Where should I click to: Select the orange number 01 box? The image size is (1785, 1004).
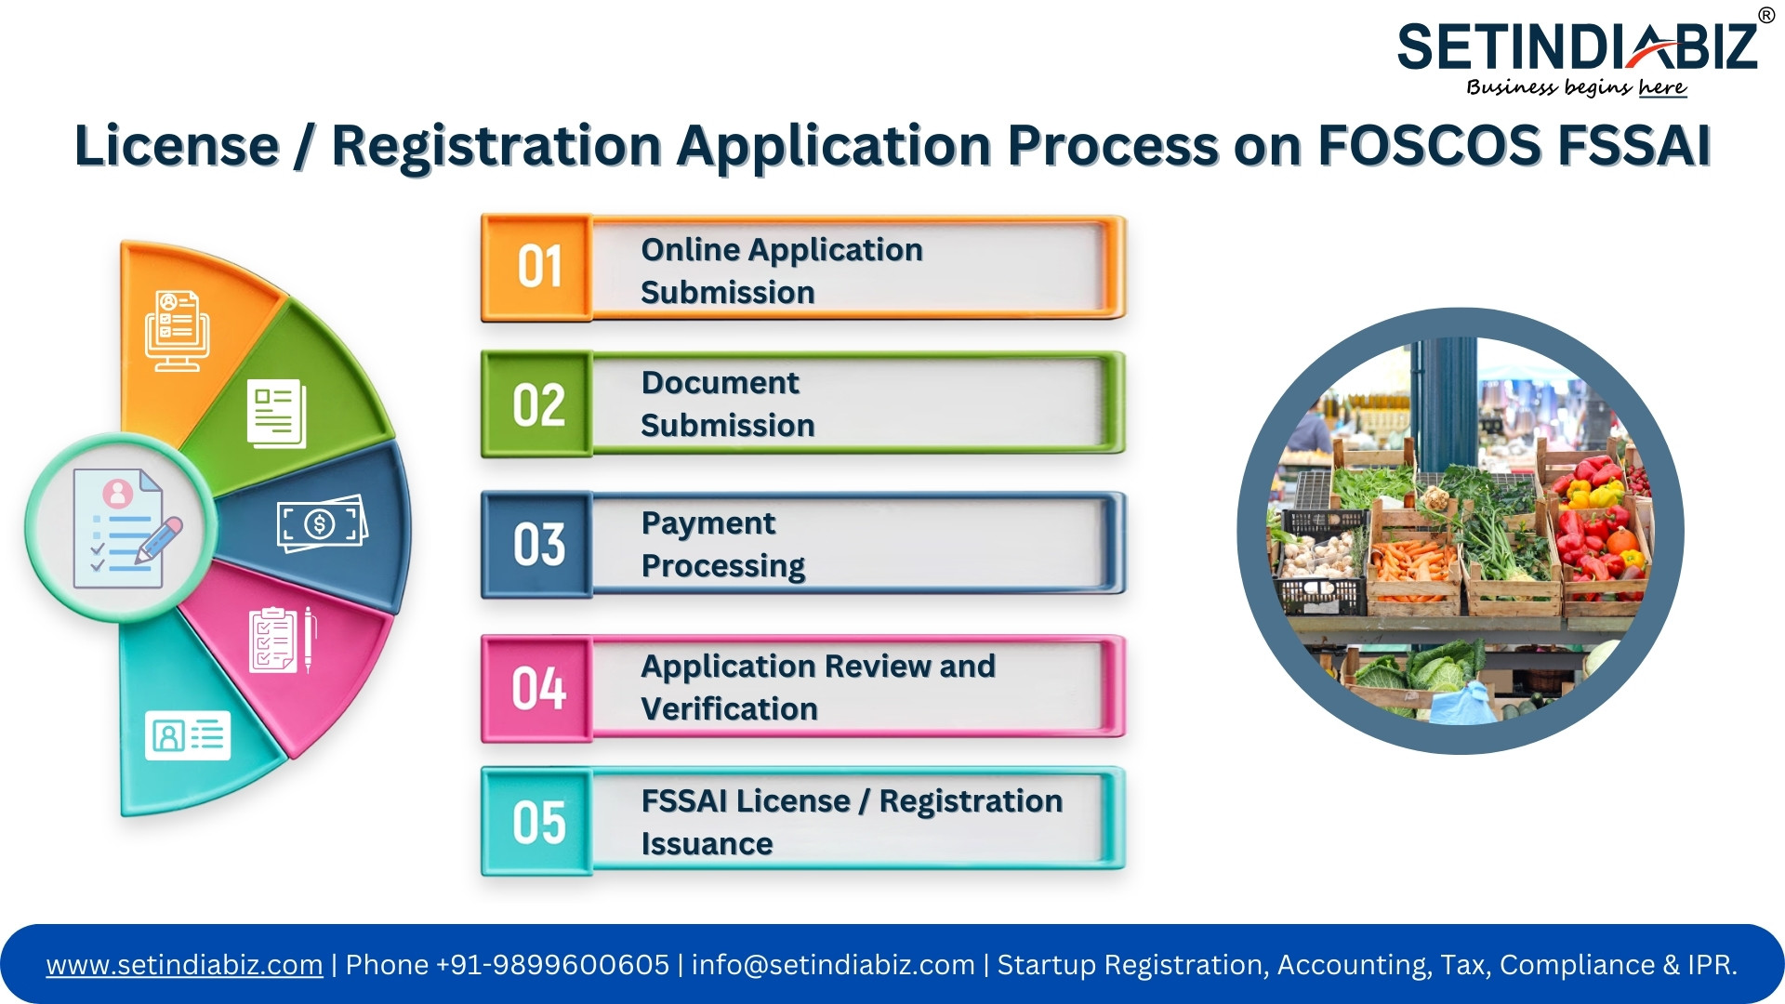(x=537, y=268)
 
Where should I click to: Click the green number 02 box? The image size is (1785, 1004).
(x=537, y=404)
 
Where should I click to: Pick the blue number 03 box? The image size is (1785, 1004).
(x=537, y=545)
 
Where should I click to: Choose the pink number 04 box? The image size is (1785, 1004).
(x=537, y=689)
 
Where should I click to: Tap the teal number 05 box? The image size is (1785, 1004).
(x=537, y=822)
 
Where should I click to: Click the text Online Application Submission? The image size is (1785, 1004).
(x=782, y=271)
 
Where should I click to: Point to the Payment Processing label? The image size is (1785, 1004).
(x=723, y=545)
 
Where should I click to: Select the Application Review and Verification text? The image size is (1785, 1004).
(x=818, y=688)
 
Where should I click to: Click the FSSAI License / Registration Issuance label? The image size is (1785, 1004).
(x=852, y=822)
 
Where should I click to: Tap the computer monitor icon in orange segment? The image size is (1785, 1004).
(x=178, y=331)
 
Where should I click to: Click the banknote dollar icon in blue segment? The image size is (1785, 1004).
(x=322, y=523)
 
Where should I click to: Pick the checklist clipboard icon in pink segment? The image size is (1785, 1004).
(x=283, y=640)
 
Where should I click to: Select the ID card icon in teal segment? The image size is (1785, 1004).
(x=188, y=735)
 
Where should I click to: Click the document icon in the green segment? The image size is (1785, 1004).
(x=276, y=413)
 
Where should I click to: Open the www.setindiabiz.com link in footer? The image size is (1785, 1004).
(x=185, y=965)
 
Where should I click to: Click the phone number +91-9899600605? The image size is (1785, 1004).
(x=552, y=965)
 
